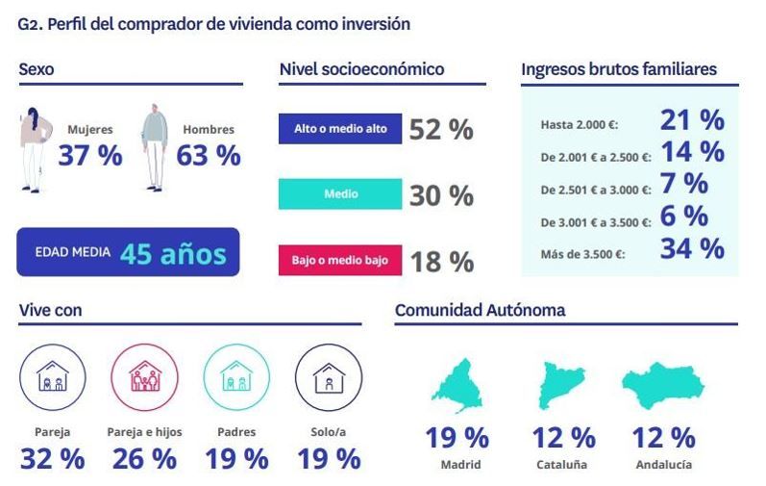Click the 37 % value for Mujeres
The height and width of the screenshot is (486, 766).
[x=90, y=155]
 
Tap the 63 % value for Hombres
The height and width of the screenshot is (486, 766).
[x=209, y=155]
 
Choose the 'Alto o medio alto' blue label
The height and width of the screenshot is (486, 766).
[x=340, y=129]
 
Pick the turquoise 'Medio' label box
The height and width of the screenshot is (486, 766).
[x=340, y=194]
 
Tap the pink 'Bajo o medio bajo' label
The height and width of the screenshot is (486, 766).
[x=340, y=260]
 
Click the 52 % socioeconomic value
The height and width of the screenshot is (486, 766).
[x=441, y=130]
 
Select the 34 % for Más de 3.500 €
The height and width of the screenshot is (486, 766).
[x=691, y=248]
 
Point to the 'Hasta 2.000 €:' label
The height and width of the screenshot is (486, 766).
[x=579, y=124]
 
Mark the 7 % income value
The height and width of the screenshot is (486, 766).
[x=683, y=183]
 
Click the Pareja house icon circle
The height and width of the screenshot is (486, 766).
[x=51, y=378]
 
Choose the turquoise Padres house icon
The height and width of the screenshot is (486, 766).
[x=235, y=378]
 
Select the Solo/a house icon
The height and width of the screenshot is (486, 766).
[x=328, y=378]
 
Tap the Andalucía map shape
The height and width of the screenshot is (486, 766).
[x=663, y=383]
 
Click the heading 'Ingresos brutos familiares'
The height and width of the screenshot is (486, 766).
[x=618, y=69]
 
